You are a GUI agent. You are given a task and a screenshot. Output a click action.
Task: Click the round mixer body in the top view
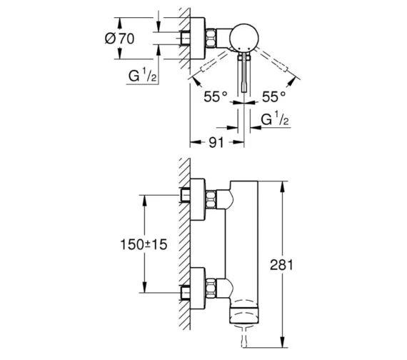[243, 36]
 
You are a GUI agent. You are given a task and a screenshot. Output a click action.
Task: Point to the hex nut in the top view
[212, 38]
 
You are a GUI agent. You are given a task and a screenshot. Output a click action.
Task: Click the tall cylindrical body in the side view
[244, 243]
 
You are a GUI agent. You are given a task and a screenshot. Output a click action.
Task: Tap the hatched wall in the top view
[183, 43]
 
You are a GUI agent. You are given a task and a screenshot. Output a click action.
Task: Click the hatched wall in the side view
[183, 243]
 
